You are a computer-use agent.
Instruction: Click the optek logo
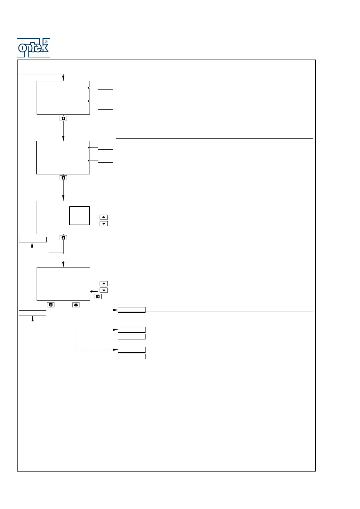(x=33, y=48)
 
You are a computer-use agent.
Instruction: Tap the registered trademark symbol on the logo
(x=46, y=42)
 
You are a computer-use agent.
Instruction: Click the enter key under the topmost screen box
(x=63, y=118)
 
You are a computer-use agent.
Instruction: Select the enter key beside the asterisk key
(x=51, y=305)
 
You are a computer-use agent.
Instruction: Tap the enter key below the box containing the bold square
(x=63, y=238)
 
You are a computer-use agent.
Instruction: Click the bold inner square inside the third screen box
(x=80, y=216)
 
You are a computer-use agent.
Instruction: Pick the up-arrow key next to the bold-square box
(x=104, y=217)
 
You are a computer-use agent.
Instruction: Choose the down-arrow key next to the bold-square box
(x=104, y=224)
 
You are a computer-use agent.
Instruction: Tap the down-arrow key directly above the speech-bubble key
(x=104, y=290)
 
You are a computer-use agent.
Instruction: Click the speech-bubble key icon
(x=98, y=297)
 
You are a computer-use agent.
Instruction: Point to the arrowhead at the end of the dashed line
(x=115, y=350)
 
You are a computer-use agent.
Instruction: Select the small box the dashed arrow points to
(x=132, y=350)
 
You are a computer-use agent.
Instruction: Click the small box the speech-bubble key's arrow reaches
(x=132, y=310)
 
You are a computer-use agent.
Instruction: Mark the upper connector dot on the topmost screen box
(x=88, y=88)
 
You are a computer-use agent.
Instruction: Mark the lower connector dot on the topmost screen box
(x=88, y=101)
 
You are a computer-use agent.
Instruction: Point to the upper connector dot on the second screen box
(x=88, y=148)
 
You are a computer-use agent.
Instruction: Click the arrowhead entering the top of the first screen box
(x=63, y=79)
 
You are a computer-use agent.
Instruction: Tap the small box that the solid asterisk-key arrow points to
(x=132, y=330)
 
